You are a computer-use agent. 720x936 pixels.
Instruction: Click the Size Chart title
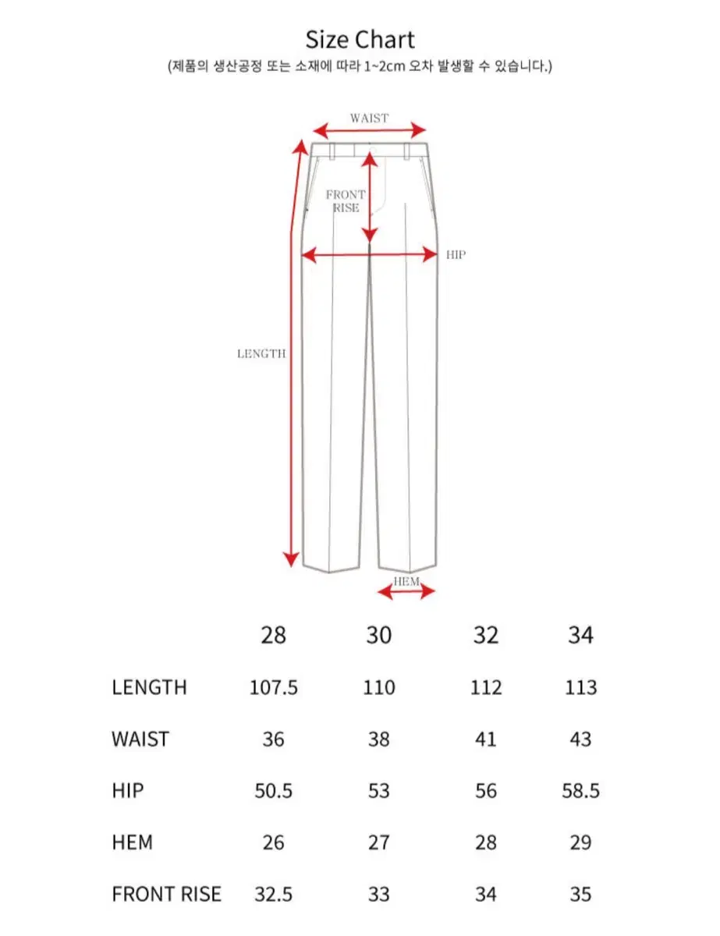(x=360, y=40)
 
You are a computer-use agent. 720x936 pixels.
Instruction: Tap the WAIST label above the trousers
(x=369, y=118)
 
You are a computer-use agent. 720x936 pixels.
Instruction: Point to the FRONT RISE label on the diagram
(x=346, y=201)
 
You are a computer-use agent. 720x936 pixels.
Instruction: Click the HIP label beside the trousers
(x=456, y=254)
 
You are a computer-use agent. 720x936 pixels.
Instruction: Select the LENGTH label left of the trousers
(x=261, y=353)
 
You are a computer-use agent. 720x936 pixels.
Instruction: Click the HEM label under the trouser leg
(x=406, y=582)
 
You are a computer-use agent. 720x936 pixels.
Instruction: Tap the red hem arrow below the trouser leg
(x=406, y=592)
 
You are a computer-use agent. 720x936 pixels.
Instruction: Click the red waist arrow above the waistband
(x=370, y=130)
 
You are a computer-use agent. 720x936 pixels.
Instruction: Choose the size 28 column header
(x=274, y=636)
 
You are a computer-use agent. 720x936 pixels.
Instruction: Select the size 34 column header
(x=580, y=636)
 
